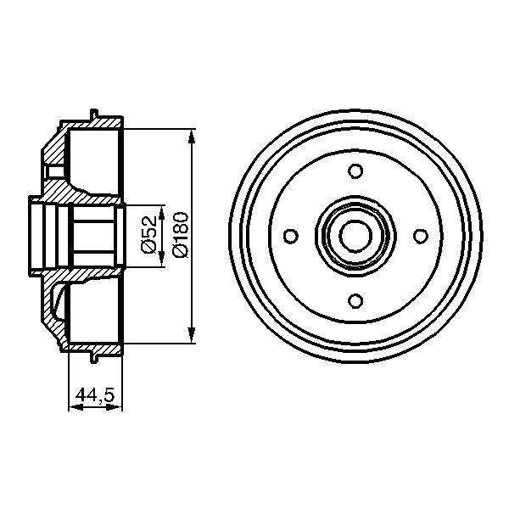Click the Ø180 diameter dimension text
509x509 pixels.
pyautogui.click(x=180, y=232)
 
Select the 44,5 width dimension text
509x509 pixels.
pyautogui.click(x=95, y=394)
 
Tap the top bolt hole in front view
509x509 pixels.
pyautogui.click(x=355, y=173)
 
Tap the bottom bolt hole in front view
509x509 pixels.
pyautogui.click(x=355, y=299)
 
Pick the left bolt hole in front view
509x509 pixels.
pyautogui.click(x=292, y=236)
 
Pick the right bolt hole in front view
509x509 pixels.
pyautogui.click(x=417, y=236)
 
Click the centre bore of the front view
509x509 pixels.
pyautogui.click(x=355, y=236)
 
